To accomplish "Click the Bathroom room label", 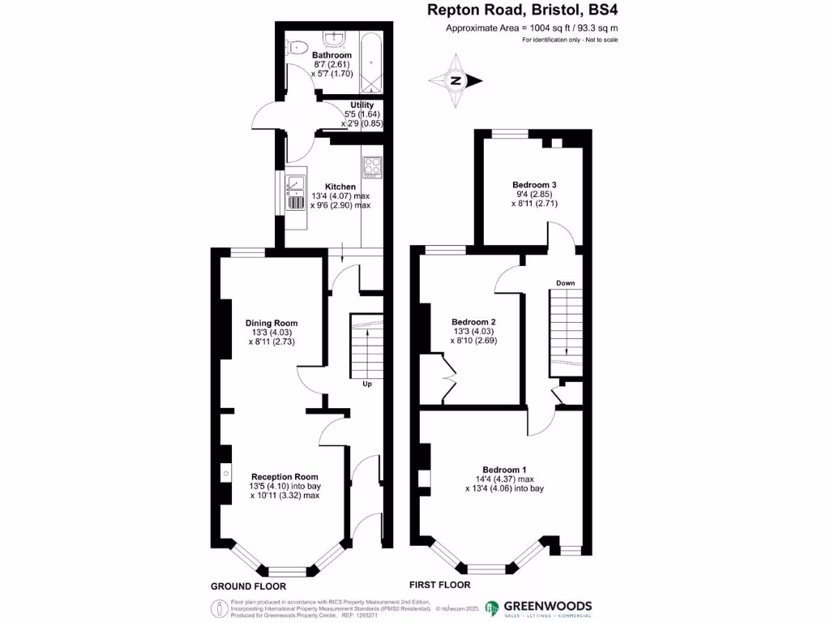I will tap(332, 55).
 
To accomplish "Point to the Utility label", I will tap(362, 105).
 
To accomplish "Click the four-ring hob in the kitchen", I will tap(372, 165).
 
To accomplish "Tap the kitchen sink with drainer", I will tap(294, 194).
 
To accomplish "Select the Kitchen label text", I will tap(340, 187).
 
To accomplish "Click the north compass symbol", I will tap(456, 79).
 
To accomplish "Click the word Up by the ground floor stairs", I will tap(367, 384).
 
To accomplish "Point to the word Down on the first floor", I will tap(565, 283).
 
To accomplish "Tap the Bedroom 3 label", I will tap(534, 184).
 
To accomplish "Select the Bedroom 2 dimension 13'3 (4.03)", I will tap(474, 331).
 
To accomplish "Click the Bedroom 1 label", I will tap(505, 470).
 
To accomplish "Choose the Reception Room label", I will tap(285, 476).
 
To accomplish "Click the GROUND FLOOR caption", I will tap(248, 586).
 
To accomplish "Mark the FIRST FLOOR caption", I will tap(439, 584).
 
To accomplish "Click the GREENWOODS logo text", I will tap(549, 605).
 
